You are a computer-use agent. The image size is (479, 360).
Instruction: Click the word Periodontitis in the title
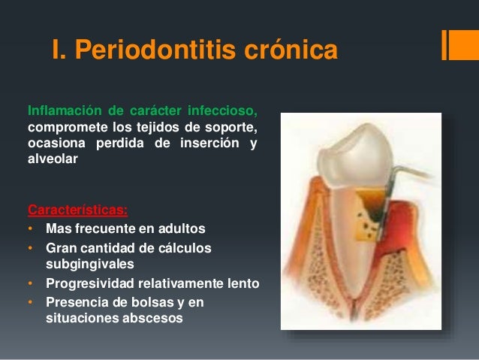click(155, 50)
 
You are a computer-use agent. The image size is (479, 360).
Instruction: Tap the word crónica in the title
click(291, 50)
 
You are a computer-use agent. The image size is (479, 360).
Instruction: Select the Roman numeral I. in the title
click(59, 50)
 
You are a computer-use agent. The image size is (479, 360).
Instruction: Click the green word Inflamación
click(65, 110)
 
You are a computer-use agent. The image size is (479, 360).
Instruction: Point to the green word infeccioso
click(222, 110)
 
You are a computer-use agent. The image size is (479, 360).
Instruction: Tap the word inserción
click(209, 143)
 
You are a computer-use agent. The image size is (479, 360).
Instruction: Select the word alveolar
click(53, 159)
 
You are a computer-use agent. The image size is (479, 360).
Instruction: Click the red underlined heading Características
click(77, 210)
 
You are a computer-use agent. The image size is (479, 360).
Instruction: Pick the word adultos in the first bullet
click(182, 228)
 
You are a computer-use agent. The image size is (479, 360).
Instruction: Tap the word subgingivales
click(90, 265)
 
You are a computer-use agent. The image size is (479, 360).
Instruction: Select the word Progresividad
click(90, 283)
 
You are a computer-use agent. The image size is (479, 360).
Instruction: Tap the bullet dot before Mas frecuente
click(30, 228)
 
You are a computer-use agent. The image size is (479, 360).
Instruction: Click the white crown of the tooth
click(356, 156)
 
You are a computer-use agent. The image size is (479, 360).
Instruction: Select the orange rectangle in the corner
click(460, 45)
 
